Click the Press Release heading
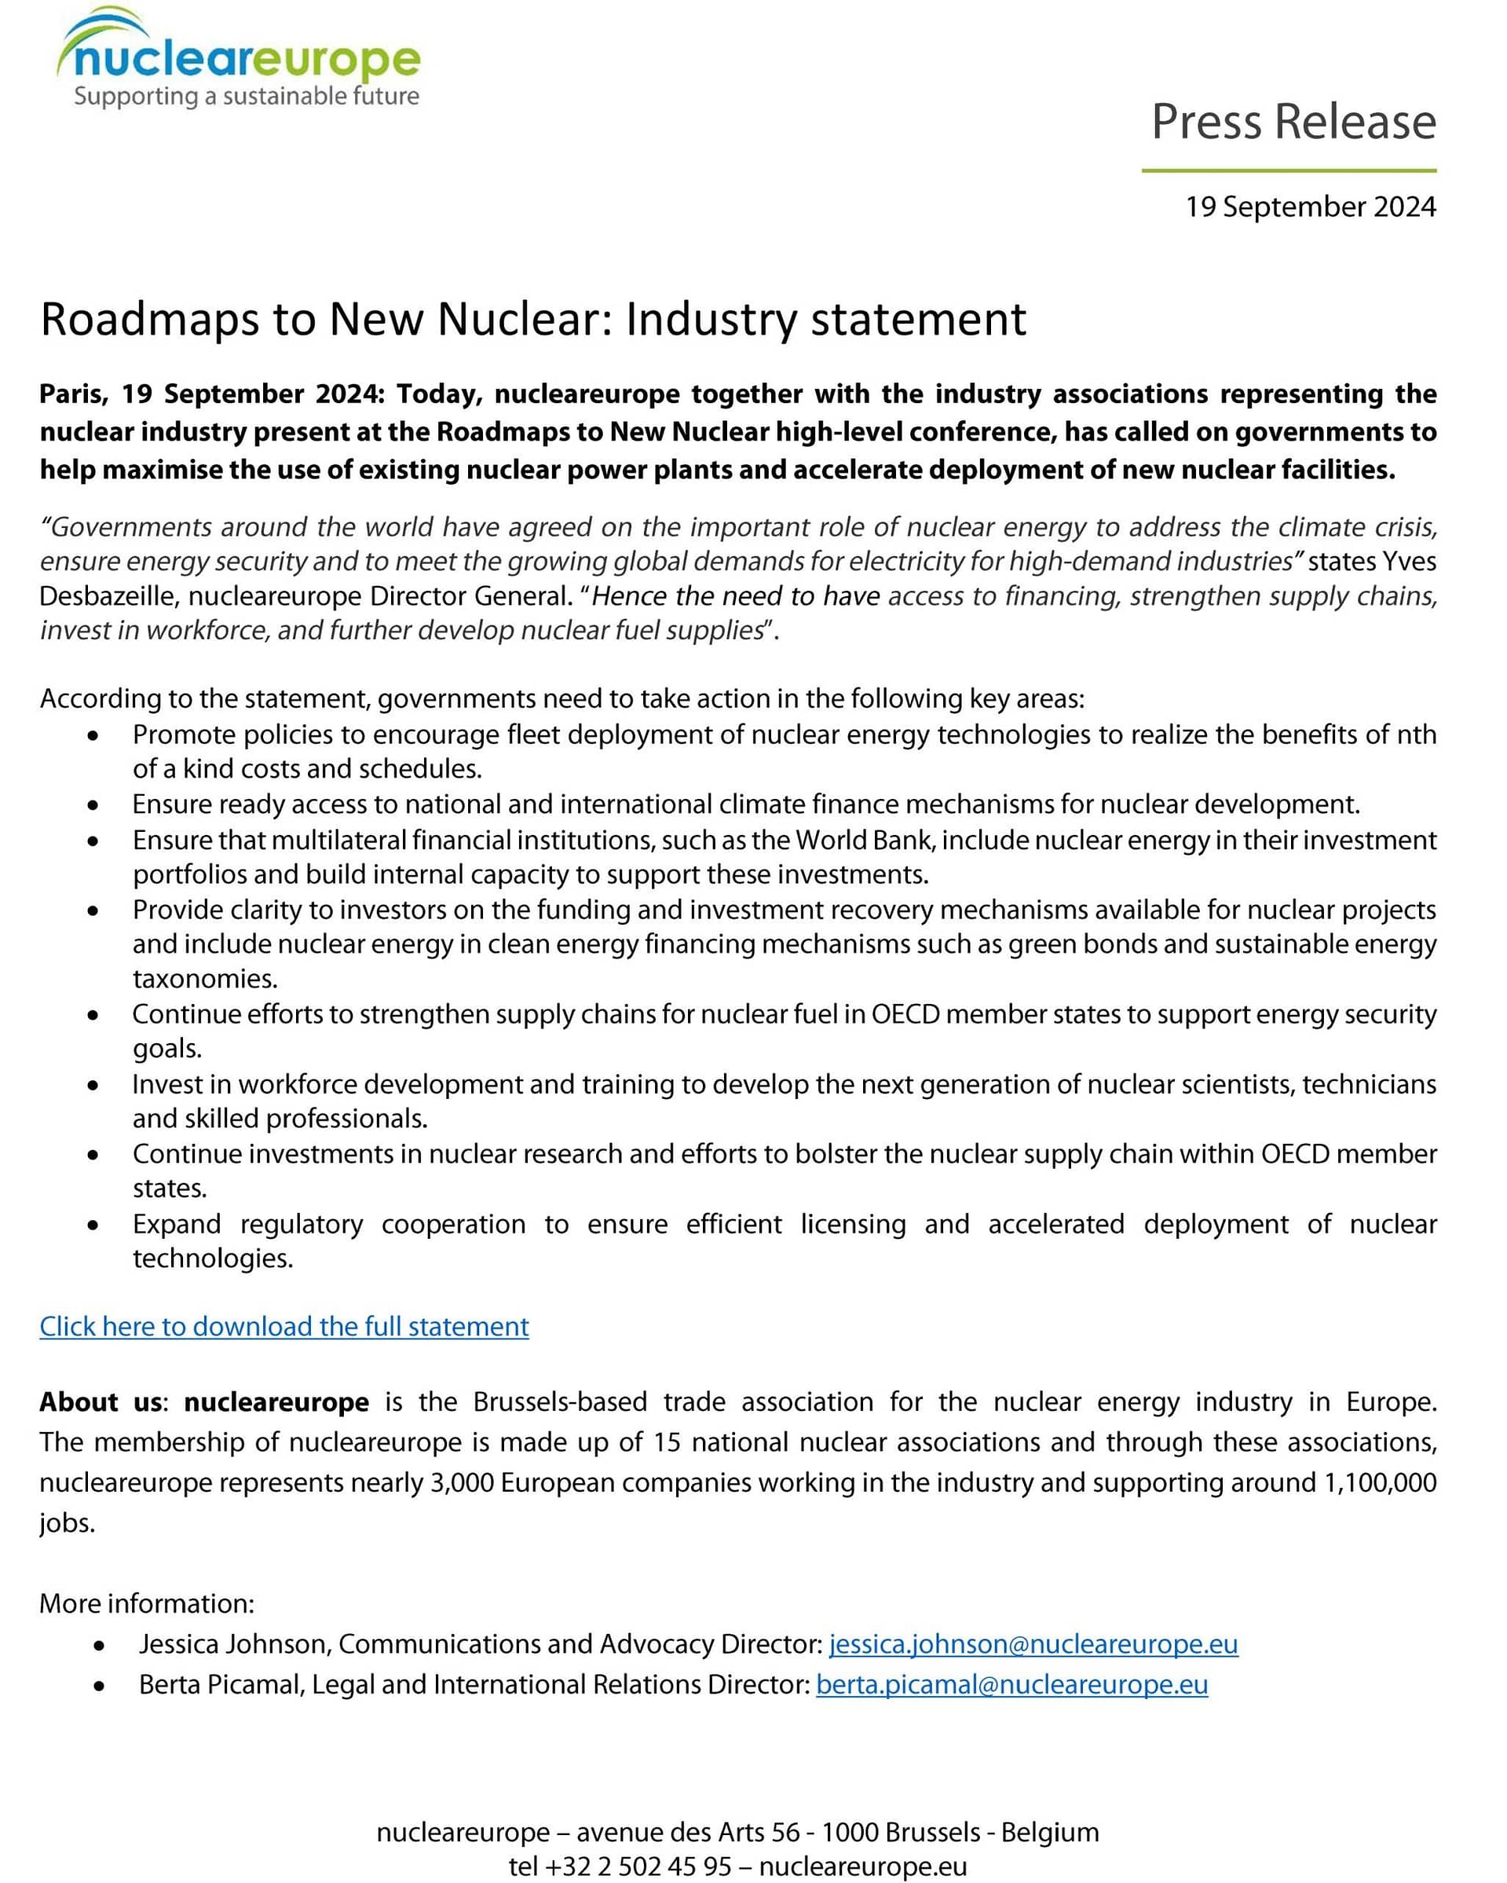(1293, 122)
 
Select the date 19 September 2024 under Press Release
(1310, 207)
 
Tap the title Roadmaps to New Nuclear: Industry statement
(532, 320)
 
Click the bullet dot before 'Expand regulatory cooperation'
(93, 1225)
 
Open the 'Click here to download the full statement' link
(283, 1327)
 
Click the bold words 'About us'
(101, 1401)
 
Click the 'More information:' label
(147, 1603)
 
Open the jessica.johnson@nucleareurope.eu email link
(1033, 1644)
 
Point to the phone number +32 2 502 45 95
(638, 1867)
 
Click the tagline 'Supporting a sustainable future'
(247, 96)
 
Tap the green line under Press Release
(1289, 170)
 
